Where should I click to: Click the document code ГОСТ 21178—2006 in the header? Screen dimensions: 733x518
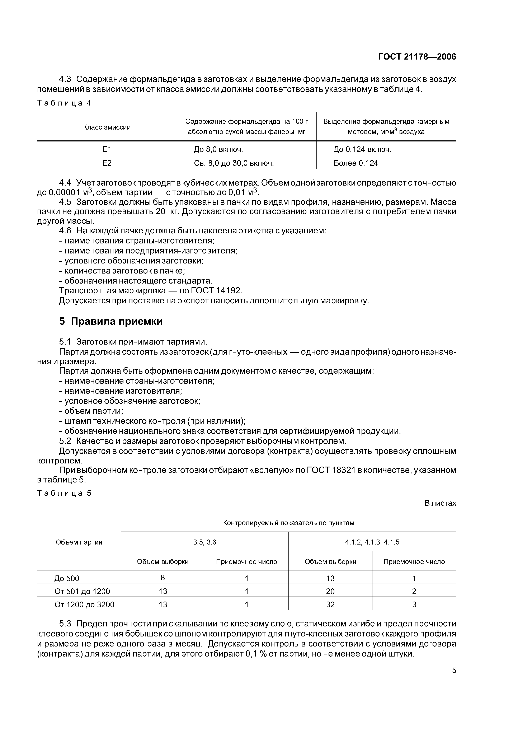pyautogui.click(x=417, y=57)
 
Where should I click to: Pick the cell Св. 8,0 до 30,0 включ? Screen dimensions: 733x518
pyautogui.click(x=234, y=163)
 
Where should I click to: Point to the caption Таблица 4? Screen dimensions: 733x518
pyautogui.click(x=64, y=103)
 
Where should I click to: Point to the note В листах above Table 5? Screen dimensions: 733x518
pyautogui.click(x=440, y=503)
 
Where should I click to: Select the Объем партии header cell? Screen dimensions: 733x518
pyautogui.click(x=79, y=542)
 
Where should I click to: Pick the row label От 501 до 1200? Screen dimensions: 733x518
pyautogui.click(x=82, y=592)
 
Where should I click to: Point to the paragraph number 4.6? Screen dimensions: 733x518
pyautogui.click(x=65, y=231)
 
